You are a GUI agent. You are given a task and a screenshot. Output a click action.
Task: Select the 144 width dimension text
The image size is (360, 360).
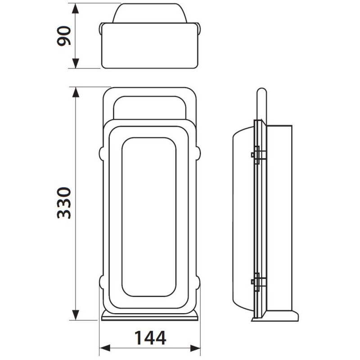click(150, 337)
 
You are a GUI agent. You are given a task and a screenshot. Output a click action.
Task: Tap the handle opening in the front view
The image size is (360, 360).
click(150, 108)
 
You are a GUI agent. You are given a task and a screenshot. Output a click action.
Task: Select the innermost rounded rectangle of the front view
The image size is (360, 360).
click(148, 217)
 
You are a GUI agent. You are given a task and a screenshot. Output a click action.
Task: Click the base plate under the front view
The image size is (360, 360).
click(150, 317)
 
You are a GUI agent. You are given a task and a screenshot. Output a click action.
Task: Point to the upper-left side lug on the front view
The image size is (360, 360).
click(101, 153)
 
